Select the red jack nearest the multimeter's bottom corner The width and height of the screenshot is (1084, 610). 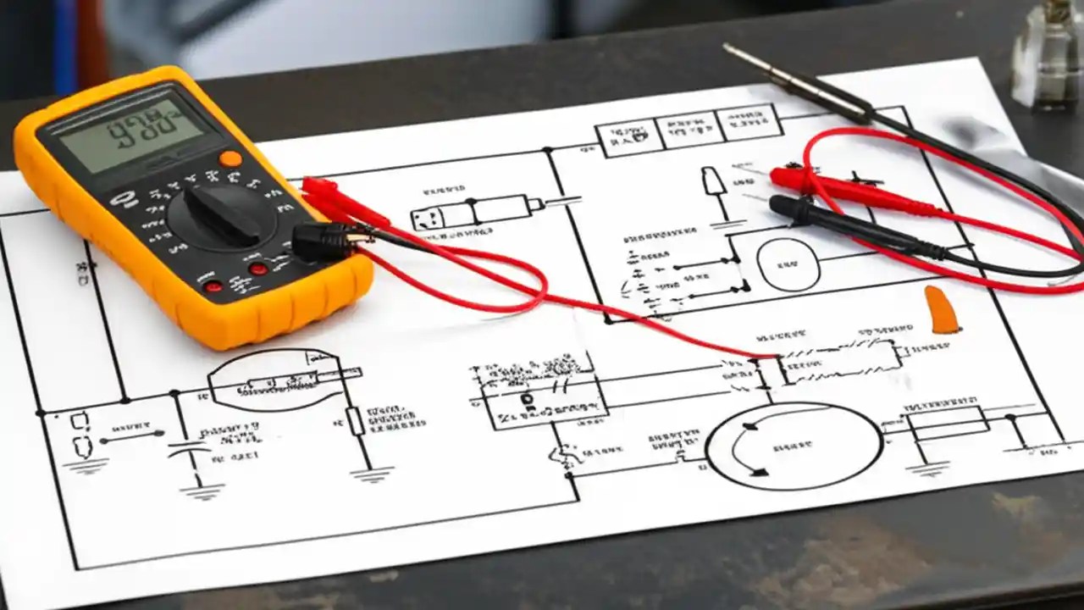tap(213, 286)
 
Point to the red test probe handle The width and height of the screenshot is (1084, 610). tap(847, 191)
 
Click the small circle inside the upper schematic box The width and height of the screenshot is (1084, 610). tap(788, 264)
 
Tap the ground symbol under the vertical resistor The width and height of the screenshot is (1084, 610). tap(371, 475)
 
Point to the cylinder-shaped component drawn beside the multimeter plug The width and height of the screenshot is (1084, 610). tap(474, 212)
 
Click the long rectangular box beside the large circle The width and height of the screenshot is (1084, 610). tap(948, 421)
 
